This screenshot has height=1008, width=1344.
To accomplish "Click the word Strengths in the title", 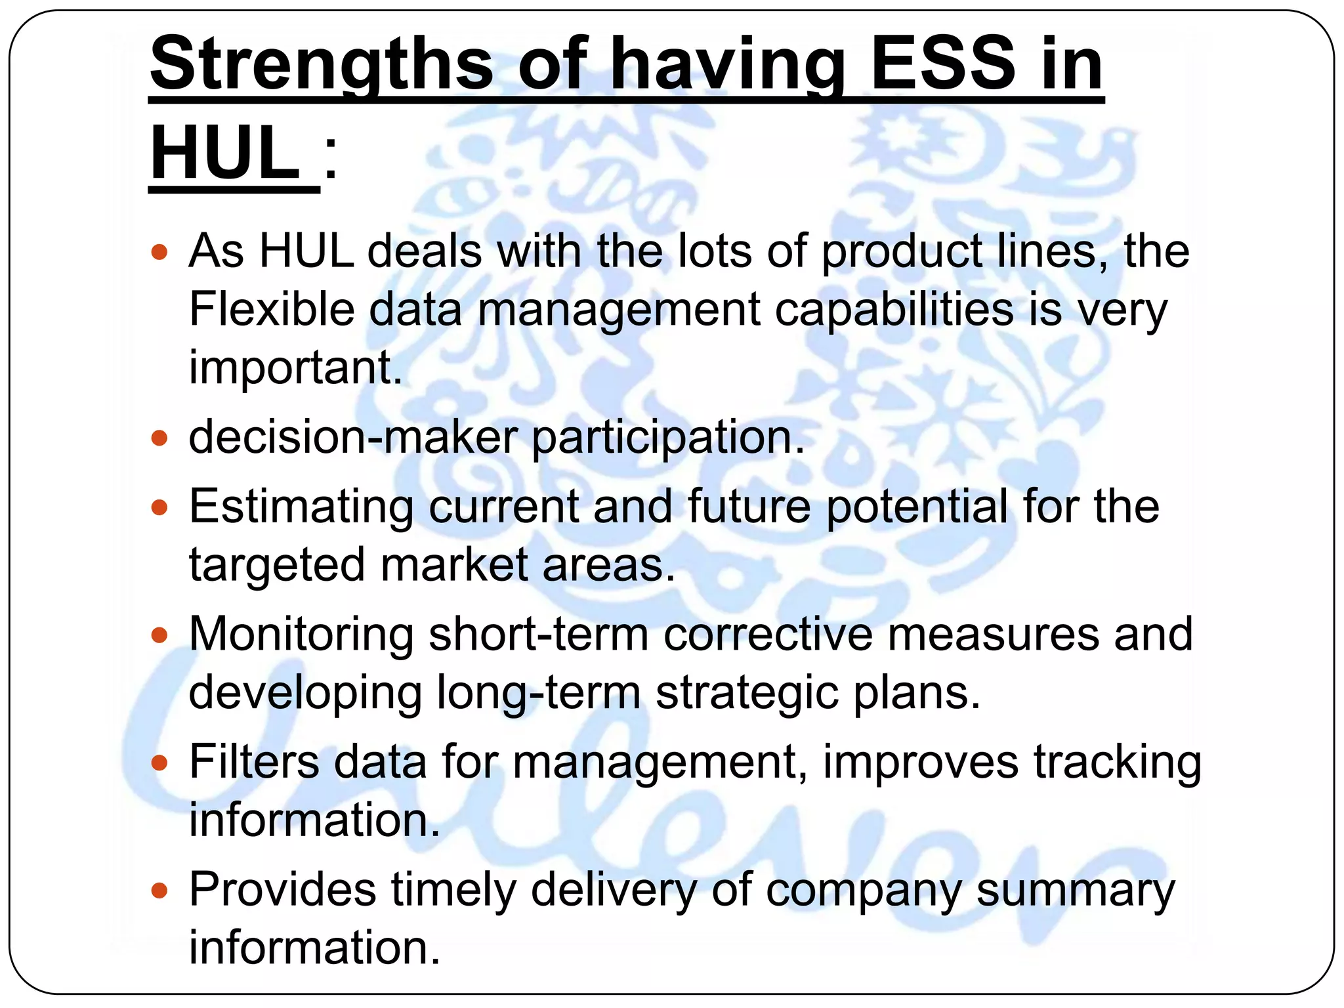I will (322, 64).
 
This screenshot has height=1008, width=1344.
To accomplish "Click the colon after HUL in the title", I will (331, 161).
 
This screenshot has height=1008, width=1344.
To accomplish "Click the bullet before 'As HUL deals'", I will (159, 251).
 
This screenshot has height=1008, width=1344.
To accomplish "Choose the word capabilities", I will (894, 310).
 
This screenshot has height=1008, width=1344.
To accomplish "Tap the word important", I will (295, 367).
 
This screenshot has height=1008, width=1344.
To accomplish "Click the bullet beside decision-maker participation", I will (159, 437).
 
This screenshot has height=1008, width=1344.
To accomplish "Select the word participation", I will (667, 438).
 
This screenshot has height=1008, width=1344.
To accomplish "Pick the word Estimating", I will (301, 507).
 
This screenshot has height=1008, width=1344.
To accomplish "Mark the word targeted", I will (276, 566).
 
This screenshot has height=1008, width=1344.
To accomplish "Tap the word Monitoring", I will (301, 635).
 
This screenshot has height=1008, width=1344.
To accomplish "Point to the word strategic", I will (747, 694).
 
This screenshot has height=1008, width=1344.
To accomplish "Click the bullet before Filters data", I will (159, 763).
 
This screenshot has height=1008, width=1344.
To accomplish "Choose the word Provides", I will (283, 890).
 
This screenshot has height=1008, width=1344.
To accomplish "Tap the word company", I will (863, 891).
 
